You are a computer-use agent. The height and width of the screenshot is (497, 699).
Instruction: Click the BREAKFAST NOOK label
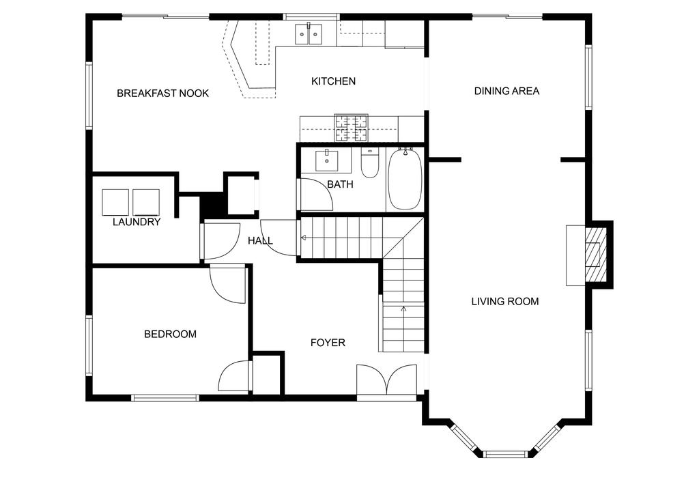click(162, 93)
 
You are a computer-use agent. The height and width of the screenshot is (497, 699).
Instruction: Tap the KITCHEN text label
click(333, 81)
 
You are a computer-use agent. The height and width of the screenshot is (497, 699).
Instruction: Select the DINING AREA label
click(507, 91)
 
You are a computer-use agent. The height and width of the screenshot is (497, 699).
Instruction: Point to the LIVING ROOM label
click(505, 301)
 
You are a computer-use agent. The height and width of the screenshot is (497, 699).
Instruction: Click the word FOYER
click(328, 342)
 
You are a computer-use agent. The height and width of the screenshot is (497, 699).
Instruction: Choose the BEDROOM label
click(170, 334)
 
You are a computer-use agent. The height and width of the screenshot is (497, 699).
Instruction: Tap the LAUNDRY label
click(137, 222)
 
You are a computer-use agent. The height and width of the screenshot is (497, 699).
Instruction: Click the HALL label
click(260, 241)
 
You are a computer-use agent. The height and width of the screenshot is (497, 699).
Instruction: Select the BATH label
click(340, 184)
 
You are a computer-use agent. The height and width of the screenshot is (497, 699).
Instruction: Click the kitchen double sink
click(309, 34)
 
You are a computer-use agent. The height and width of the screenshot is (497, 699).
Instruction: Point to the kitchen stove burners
click(352, 128)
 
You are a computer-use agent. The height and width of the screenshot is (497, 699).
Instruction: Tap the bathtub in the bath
click(405, 179)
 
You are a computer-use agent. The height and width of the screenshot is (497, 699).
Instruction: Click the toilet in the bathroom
click(369, 163)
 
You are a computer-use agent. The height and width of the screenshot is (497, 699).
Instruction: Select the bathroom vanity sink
click(327, 161)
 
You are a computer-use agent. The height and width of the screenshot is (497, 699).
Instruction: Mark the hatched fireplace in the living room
click(595, 255)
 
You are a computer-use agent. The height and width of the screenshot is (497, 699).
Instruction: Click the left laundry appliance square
click(115, 202)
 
